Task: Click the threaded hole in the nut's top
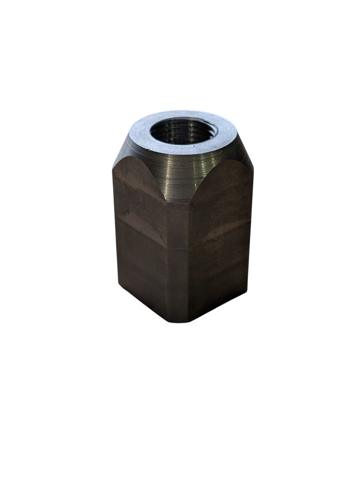[183, 130]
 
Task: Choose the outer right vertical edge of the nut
[250, 225]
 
